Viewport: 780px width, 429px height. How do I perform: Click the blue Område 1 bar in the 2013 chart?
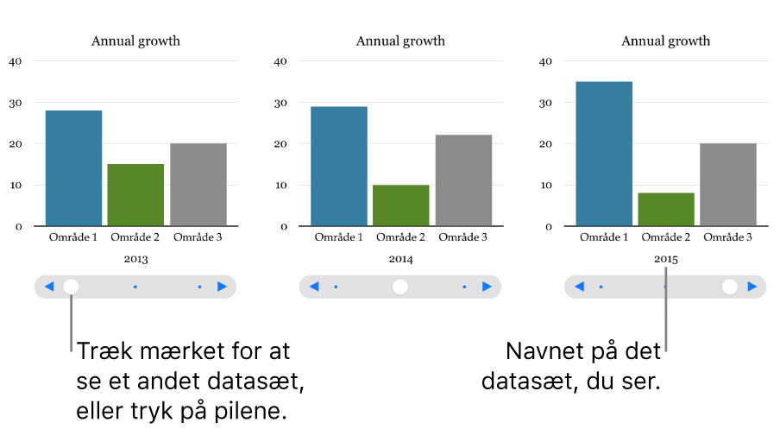pos(73,168)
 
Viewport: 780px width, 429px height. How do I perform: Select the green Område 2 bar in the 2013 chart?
pos(135,195)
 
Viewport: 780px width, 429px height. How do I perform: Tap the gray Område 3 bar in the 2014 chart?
pos(463,180)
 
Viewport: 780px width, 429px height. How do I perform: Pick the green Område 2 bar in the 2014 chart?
pos(400,205)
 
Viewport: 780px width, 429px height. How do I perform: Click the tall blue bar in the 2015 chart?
pos(604,154)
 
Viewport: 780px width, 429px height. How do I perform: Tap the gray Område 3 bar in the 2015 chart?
pos(728,185)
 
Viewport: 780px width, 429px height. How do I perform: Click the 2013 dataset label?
pos(135,259)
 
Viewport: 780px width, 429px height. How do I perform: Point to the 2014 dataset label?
pos(400,259)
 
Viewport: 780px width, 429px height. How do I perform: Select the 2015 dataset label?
pos(666,259)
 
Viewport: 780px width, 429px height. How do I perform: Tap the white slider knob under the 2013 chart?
pos(72,287)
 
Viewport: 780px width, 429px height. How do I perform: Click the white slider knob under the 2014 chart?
pos(400,287)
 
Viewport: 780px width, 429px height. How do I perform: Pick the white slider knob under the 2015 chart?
pos(730,287)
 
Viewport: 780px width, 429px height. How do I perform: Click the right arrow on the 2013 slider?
pos(223,287)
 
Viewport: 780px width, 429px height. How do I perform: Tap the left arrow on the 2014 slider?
pos(314,287)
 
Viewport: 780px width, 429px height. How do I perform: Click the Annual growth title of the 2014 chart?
pos(400,41)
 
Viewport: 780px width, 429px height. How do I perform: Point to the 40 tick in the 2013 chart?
pos(16,61)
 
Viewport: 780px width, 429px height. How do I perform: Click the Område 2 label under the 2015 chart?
pos(666,237)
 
